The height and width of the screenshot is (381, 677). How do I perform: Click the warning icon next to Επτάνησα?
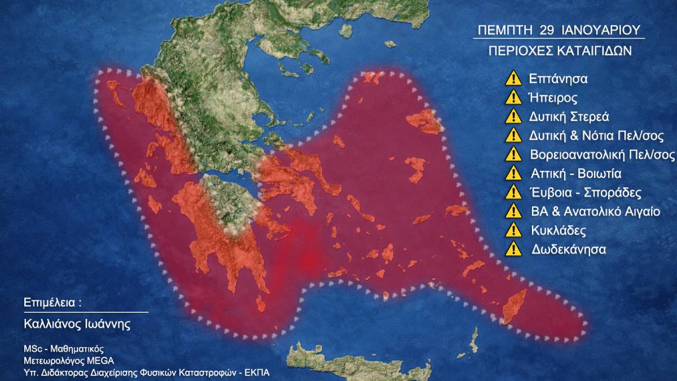coord(513,78)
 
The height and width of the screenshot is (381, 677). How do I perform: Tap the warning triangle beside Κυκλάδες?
coord(513,230)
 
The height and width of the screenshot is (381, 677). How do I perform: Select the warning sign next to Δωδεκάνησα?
coord(513,249)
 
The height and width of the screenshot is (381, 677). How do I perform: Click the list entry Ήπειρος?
coord(553,98)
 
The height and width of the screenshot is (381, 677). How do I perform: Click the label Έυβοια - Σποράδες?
coord(586,192)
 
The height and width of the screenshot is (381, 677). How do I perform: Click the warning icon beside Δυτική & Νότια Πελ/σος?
coord(513,135)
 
